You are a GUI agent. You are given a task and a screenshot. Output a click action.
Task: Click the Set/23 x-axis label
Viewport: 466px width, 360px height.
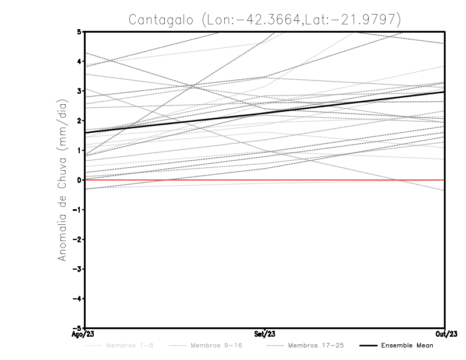pos(264,334)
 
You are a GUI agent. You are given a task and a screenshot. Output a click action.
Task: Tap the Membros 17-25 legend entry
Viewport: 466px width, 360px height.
pos(305,346)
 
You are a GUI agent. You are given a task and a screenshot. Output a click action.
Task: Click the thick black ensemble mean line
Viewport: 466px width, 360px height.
pos(264,112)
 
